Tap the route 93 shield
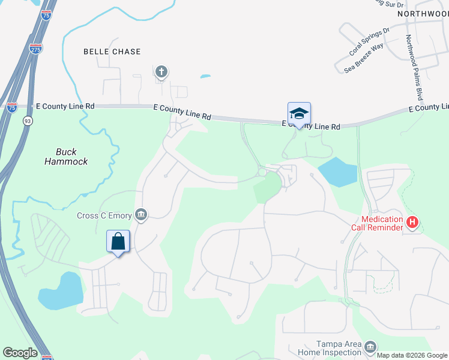tap(28, 121)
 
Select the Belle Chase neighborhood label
tap(112, 52)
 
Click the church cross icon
tap(161, 73)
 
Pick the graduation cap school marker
tap(299, 113)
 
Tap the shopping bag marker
tap(118, 242)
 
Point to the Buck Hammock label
tap(67, 157)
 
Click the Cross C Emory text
tap(104, 215)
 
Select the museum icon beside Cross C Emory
tap(141, 214)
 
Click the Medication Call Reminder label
tap(377, 224)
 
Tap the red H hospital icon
tap(412, 223)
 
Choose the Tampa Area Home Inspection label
tap(331, 349)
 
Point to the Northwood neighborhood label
tap(423, 13)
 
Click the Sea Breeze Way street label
tap(364, 58)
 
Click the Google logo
tap(20, 353)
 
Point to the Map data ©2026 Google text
tap(412, 355)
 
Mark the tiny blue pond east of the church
tap(205, 77)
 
